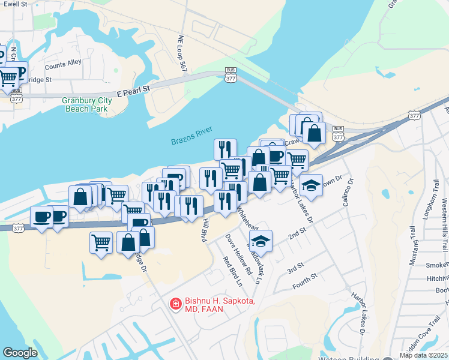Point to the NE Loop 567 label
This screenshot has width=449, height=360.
pos(182,55)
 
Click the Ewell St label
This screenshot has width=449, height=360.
pos(15,4)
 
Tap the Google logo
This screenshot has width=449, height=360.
pos(20,352)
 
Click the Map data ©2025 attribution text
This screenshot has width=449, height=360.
pos(424,355)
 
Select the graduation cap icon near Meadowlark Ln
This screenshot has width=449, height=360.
pos(261,241)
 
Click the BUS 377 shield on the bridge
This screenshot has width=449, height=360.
pos(231,74)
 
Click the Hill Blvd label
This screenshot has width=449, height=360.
pos(205,230)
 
